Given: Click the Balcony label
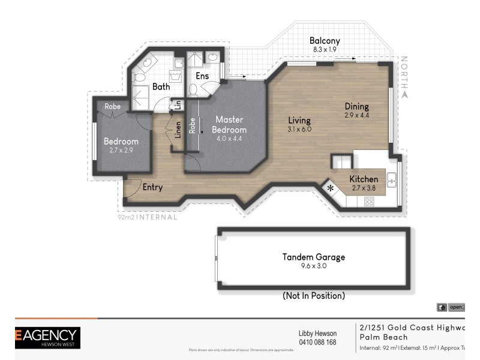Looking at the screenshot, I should tap(326, 41).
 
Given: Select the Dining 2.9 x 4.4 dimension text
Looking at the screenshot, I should tap(357, 115).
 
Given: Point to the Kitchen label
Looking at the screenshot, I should tap(364, 179).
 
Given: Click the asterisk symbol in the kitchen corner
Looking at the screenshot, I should tap(331, 188).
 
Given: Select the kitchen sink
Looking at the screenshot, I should tap(391, 179).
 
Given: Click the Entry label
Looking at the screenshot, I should tap(152, 187).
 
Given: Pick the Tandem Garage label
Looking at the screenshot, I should tap(314, 257).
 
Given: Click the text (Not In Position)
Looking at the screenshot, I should tap(314, 296).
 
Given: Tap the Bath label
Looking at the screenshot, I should tap(161, 86).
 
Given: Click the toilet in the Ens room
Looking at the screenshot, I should tap(193, 90).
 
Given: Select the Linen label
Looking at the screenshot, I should tap(178, 130).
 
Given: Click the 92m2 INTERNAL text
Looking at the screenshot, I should tap(147, 217).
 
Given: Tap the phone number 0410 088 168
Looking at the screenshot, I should tap(317, 343).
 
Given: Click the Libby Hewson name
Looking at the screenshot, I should tap(317, 334).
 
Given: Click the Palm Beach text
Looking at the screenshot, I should tap(384, 337).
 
